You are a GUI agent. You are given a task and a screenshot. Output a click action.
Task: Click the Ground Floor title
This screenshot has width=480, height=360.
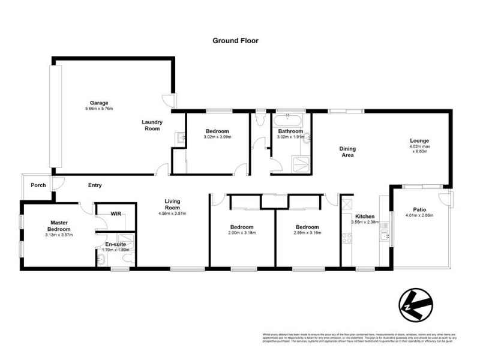pos(235,41)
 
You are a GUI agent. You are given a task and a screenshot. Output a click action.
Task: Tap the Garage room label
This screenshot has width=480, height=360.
pos(99,103)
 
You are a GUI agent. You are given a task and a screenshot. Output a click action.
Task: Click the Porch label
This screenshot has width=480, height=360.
pos(38,185)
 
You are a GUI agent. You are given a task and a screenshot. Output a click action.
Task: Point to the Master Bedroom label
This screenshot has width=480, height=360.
pos(59,226)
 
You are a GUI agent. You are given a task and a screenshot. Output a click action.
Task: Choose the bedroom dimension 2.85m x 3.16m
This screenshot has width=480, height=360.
pos(307,233)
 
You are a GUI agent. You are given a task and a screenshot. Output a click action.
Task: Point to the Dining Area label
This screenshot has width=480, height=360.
pos(347,152)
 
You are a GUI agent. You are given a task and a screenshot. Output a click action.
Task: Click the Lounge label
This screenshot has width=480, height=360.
pos(419,140)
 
